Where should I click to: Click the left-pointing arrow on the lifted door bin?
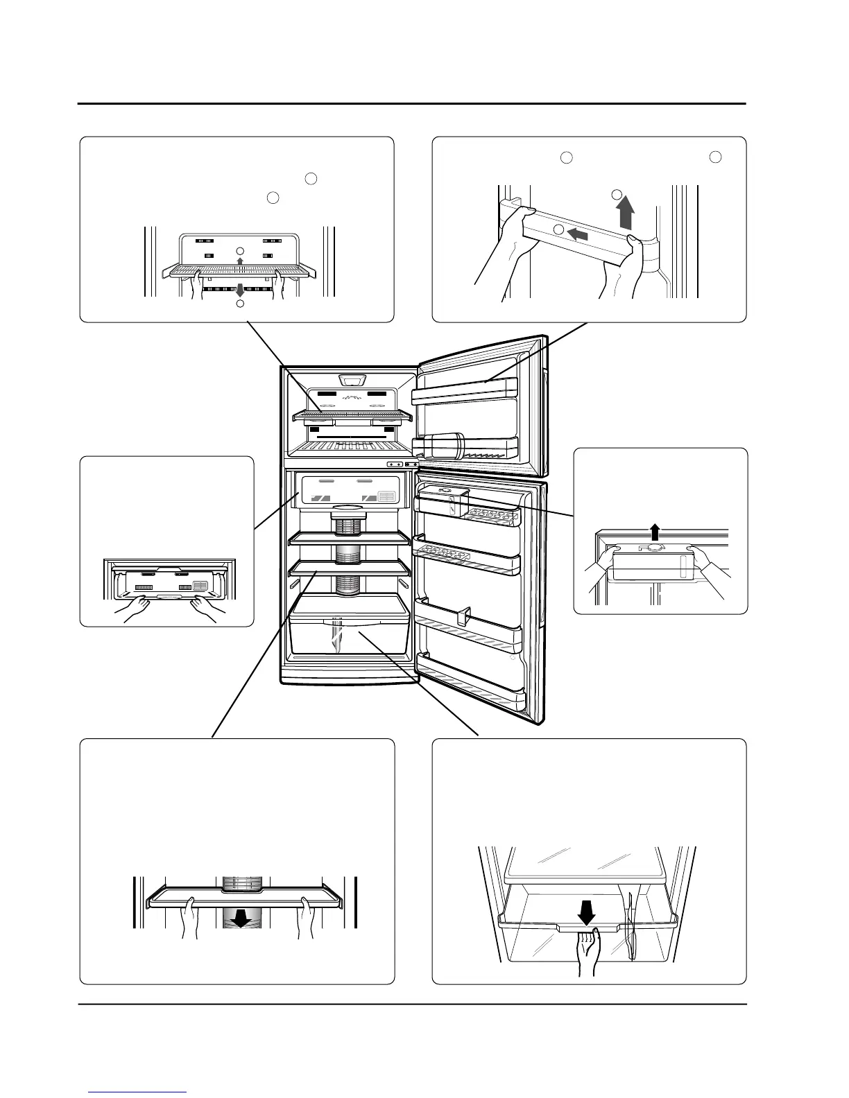click(x=578, y=234)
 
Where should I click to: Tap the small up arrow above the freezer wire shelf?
click(x=240, y=261)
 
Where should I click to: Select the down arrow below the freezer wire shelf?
click(x=240, y=290)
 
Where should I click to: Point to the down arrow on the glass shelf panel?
click(x=240, y=918)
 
